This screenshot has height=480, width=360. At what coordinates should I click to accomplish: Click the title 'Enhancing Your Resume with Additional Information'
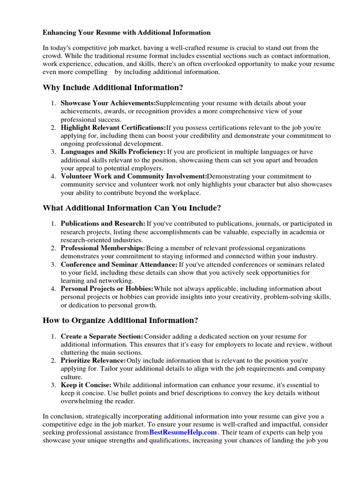coord(127,33)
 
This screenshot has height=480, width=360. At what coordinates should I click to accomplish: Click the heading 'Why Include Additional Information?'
coord(113,87)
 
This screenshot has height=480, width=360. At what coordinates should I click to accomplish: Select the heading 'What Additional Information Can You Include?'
coord(131,207)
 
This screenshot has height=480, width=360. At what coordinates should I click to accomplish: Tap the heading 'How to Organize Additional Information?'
coord(120,320)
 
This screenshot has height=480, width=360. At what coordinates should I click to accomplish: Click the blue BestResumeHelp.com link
coord(183,432)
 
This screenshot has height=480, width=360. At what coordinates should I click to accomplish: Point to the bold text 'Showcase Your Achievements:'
coord(108,103)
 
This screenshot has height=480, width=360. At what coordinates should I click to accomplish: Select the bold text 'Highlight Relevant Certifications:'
coord(113,127)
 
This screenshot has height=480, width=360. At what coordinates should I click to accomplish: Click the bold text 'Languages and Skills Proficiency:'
coord(113,152)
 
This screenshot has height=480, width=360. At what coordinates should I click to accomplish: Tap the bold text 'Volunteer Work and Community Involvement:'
coord(134,176)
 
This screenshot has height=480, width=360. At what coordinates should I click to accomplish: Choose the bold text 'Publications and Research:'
coord(103,224)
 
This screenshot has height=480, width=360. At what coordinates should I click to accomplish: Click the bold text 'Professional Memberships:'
coord(103,248)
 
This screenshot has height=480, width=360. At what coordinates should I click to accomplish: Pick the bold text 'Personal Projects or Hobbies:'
coord(107,289)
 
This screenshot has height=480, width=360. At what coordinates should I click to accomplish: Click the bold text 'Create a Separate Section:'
coord(102,337)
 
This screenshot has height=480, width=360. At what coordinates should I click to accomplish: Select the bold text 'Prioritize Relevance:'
coord(93,360)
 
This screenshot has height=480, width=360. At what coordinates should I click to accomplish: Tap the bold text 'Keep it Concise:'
coord(86,385)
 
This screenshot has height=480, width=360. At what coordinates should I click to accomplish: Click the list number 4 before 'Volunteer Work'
coord(54,176)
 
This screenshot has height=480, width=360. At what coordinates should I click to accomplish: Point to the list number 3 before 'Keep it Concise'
coord(54,385)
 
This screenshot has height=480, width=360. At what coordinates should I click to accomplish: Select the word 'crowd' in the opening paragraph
coord(52,56)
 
